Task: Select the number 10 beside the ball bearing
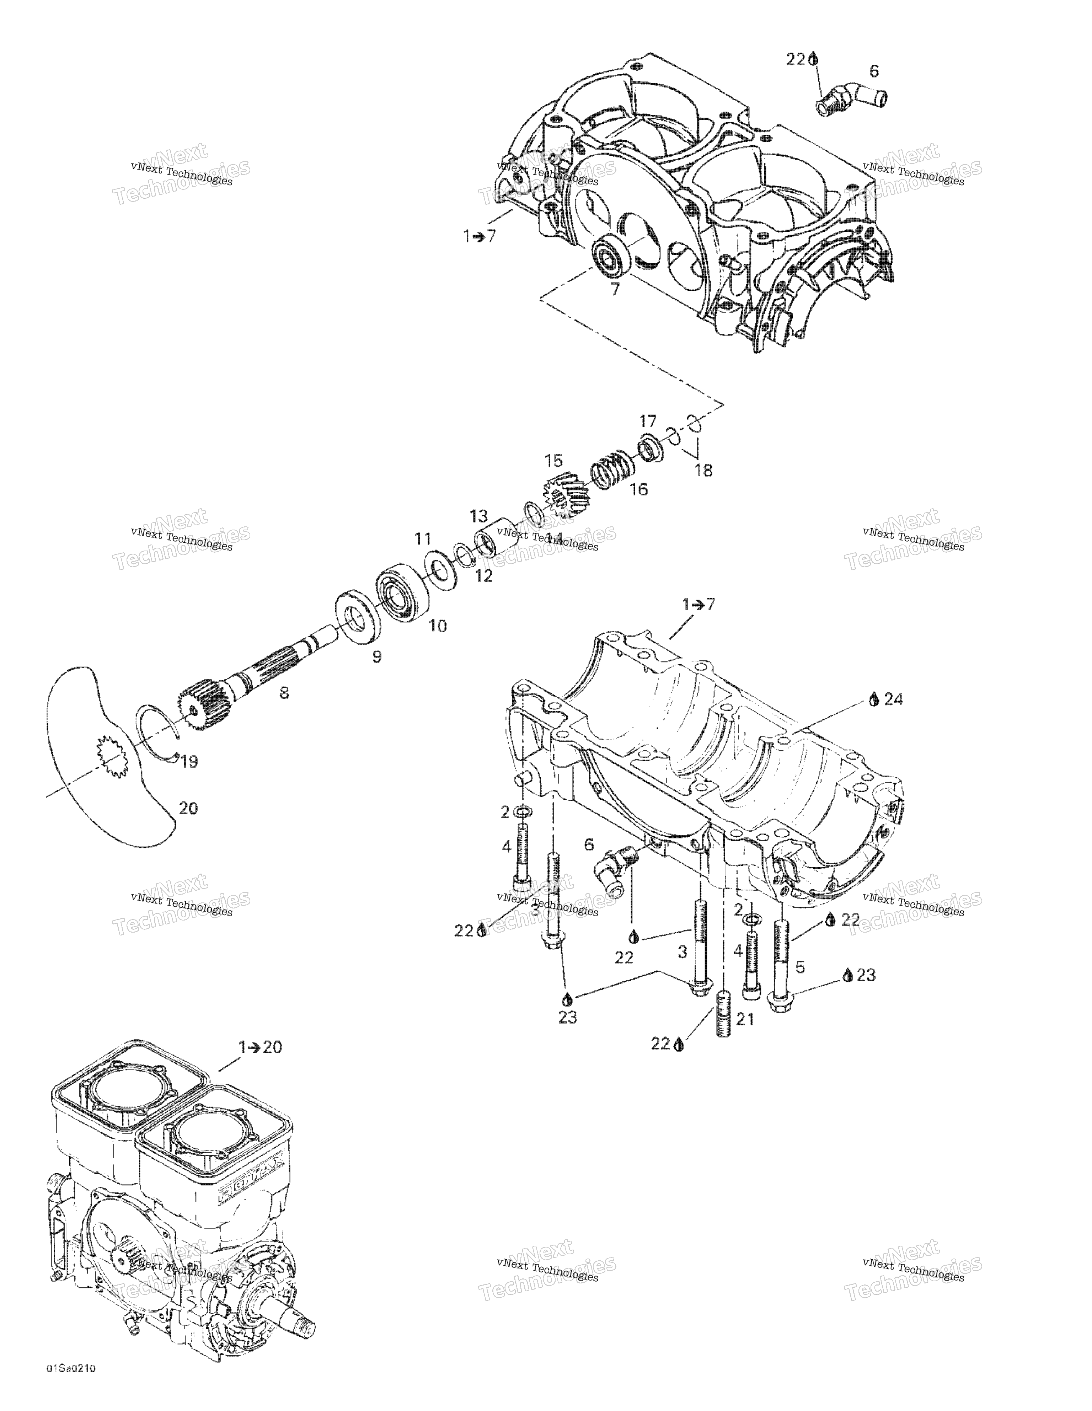tap(438, 626)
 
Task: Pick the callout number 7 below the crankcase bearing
tap(615, 289)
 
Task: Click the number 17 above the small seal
tap(648, 421)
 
